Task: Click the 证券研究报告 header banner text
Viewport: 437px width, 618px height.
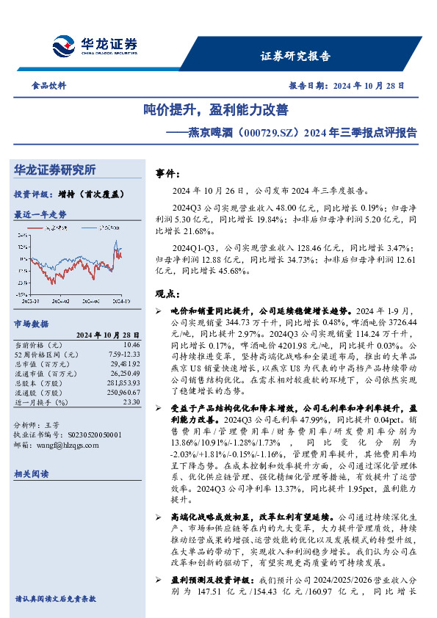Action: click(297, 56)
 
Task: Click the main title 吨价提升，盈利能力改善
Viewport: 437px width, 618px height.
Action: click(216, 110)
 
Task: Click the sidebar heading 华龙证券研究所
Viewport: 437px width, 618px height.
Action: click(55, 170)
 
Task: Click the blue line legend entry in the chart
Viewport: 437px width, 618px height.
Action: click(102, 228)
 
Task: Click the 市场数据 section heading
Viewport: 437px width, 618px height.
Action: click(32, 323)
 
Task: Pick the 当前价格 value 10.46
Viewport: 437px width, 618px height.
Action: click(131, 344)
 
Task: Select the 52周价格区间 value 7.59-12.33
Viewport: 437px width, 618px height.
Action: click(125, 355)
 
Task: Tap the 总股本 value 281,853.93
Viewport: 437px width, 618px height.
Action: click(124, 383)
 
